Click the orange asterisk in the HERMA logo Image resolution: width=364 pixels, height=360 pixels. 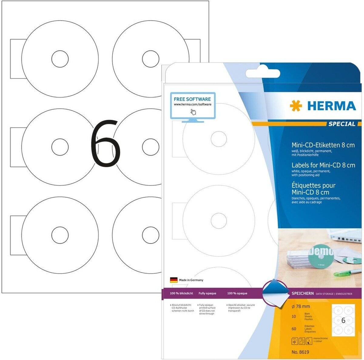pyautogui.click(x=296, y=106)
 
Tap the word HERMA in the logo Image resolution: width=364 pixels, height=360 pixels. pyautogui.click(x=331, y=106)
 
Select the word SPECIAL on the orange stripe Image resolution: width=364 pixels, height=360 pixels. pyautogui.click(x=342, y=124)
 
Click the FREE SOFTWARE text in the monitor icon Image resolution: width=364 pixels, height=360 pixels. pyautogui.click(x=192, y=99)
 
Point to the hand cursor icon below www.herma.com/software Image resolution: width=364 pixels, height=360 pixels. pyautogui.click(x=193, y=112)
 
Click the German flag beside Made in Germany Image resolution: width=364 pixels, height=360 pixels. pyautogui.click(x=174, y=280)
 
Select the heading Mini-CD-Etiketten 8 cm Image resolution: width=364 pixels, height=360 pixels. pyautogui.click(x=323, y=145)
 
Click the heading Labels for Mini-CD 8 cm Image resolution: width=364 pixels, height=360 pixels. pyautogui.click(x=323, y=165)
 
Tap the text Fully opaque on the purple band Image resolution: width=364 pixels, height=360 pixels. pyautogui.click(x=207, y=293)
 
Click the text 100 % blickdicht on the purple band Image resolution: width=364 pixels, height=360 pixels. pyautogui.click(x=181, y=293)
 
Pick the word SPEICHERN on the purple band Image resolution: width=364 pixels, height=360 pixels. pyautogui.click(x=302, y=294)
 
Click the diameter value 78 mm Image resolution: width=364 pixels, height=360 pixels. pyautogui.click(x=297, y=306)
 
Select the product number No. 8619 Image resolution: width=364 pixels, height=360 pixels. pyautogui.click(x=300, y=352)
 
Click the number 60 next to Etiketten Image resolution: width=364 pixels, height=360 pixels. pyautogui.click(x=294, y=329)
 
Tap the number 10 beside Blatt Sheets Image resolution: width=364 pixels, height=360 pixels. pyautogui.click(x=294, y=316)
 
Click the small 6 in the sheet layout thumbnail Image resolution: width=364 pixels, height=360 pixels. pyautogui.click(x=343, y=321)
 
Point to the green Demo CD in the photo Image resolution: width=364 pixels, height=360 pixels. pyautogui.click(x=321, y=256)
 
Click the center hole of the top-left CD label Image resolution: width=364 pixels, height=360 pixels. pyautogui.click(x=60, y=59)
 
